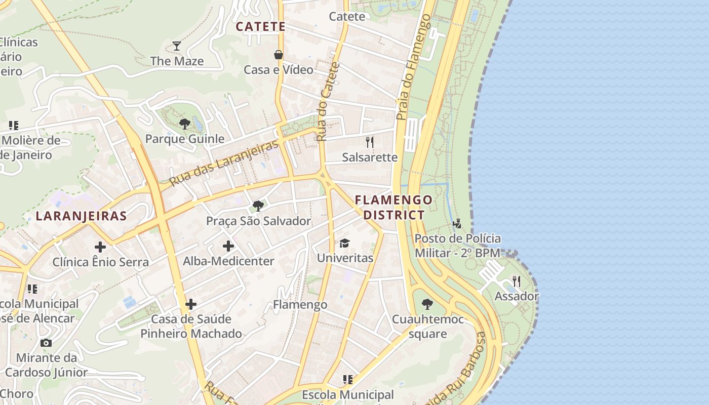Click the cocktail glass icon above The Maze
(x=176, y=46)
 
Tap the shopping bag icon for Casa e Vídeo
(x=278, y=54)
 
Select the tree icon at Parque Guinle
(x=185, y=124)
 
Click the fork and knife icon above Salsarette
(x=370, y=142)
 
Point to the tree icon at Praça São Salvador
(x=258, y=206)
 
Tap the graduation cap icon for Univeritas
(x=345, y=243)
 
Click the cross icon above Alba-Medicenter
(x=228, y=246)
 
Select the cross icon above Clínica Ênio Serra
(x=100, y=247)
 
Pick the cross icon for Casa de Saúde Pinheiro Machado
(x=191, y=304)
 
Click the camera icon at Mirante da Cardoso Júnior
(x=46, y=343)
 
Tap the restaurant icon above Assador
(x=517, y=281)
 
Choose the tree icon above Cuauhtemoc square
(x=427, y=304)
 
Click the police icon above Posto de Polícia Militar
(x=457, y=223)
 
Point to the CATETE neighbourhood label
(x=261, y=27)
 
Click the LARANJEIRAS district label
(x=81, y=216)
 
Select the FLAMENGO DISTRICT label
(x=393, y=207)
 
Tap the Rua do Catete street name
(x=328, y=101)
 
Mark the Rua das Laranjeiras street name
(x=224, y=163)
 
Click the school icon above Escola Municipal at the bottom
(x=347, y=379)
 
